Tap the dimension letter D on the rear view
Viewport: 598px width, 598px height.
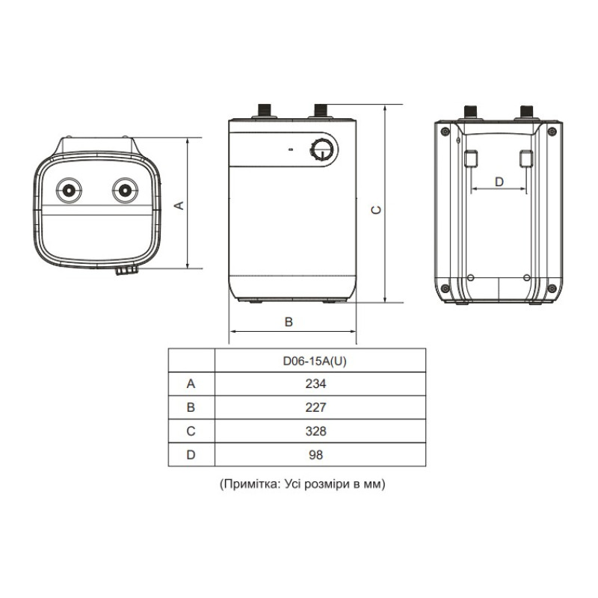(499, 181)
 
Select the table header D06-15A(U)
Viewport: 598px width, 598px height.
(320, 360)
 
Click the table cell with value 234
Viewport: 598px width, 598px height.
(320, 384)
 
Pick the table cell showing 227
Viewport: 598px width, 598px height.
(320, 407)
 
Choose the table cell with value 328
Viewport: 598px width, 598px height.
(320, 431)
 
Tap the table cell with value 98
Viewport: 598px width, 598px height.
(320, 454)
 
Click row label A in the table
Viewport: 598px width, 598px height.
(191, 384)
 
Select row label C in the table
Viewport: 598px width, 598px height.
(191, 431)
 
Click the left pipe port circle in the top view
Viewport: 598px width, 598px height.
(70, 189)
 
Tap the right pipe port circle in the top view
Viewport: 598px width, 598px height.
(125, 189)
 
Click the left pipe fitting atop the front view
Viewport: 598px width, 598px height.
(264, 111)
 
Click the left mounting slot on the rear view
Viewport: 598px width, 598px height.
(472, 158)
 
